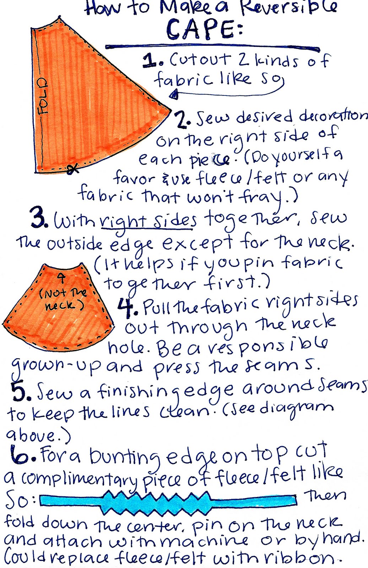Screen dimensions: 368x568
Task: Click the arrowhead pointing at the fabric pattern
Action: pyautogui.click(x=174, y=95)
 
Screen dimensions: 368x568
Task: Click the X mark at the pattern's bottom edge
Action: pyautogui.click(x=72, y=169)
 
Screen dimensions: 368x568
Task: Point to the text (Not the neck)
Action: pyautogui.click(x=63, y=300)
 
